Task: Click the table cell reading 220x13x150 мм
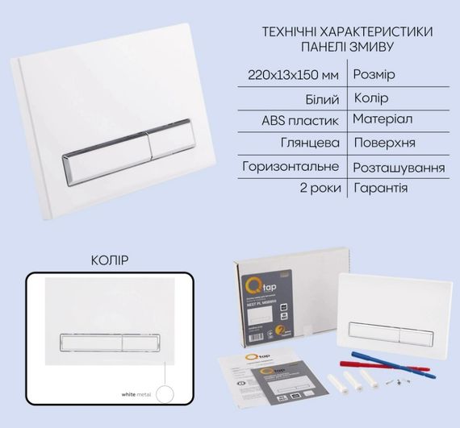point(295,75)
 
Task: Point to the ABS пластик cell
point(307,120)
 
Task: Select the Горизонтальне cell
point(295,167)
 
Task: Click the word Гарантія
point(380,189)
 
